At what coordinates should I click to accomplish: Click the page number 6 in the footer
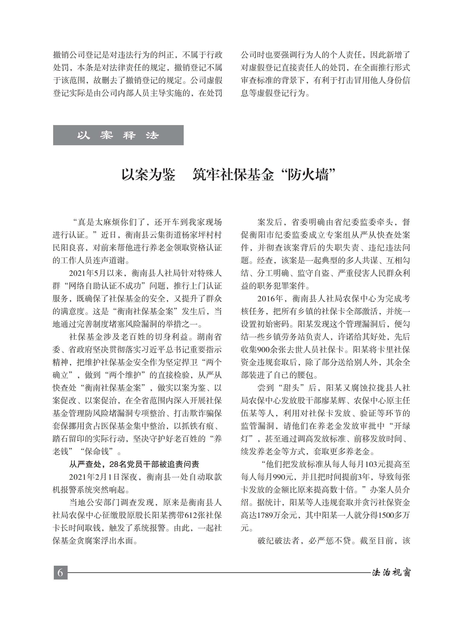point(60,572)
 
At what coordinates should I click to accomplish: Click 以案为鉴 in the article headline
point(149,175)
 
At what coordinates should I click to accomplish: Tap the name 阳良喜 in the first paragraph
point(73,248)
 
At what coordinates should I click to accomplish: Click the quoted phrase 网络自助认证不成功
point(107,286)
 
